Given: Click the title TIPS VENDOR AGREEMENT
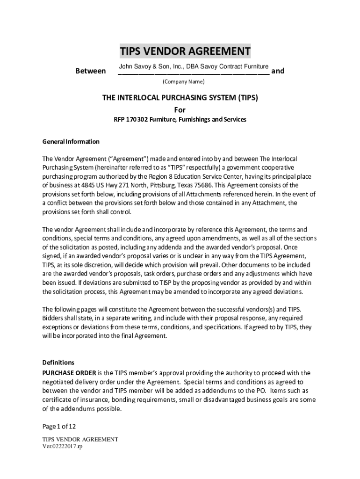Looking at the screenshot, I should click(185, 51).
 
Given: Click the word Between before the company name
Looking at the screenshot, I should click(90, 71).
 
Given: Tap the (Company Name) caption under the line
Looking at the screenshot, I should click(183, 82).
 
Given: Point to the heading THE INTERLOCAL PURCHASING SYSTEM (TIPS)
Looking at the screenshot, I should click(180, 98).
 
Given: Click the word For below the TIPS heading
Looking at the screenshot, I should click(180, 110).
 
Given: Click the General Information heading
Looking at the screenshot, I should click(71, 141).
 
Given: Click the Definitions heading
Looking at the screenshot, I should click(58, 362).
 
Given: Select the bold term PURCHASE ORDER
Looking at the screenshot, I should click(69, 372).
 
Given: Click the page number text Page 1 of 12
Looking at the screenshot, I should click(59, 426).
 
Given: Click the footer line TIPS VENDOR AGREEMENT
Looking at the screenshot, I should click(80, 439).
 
